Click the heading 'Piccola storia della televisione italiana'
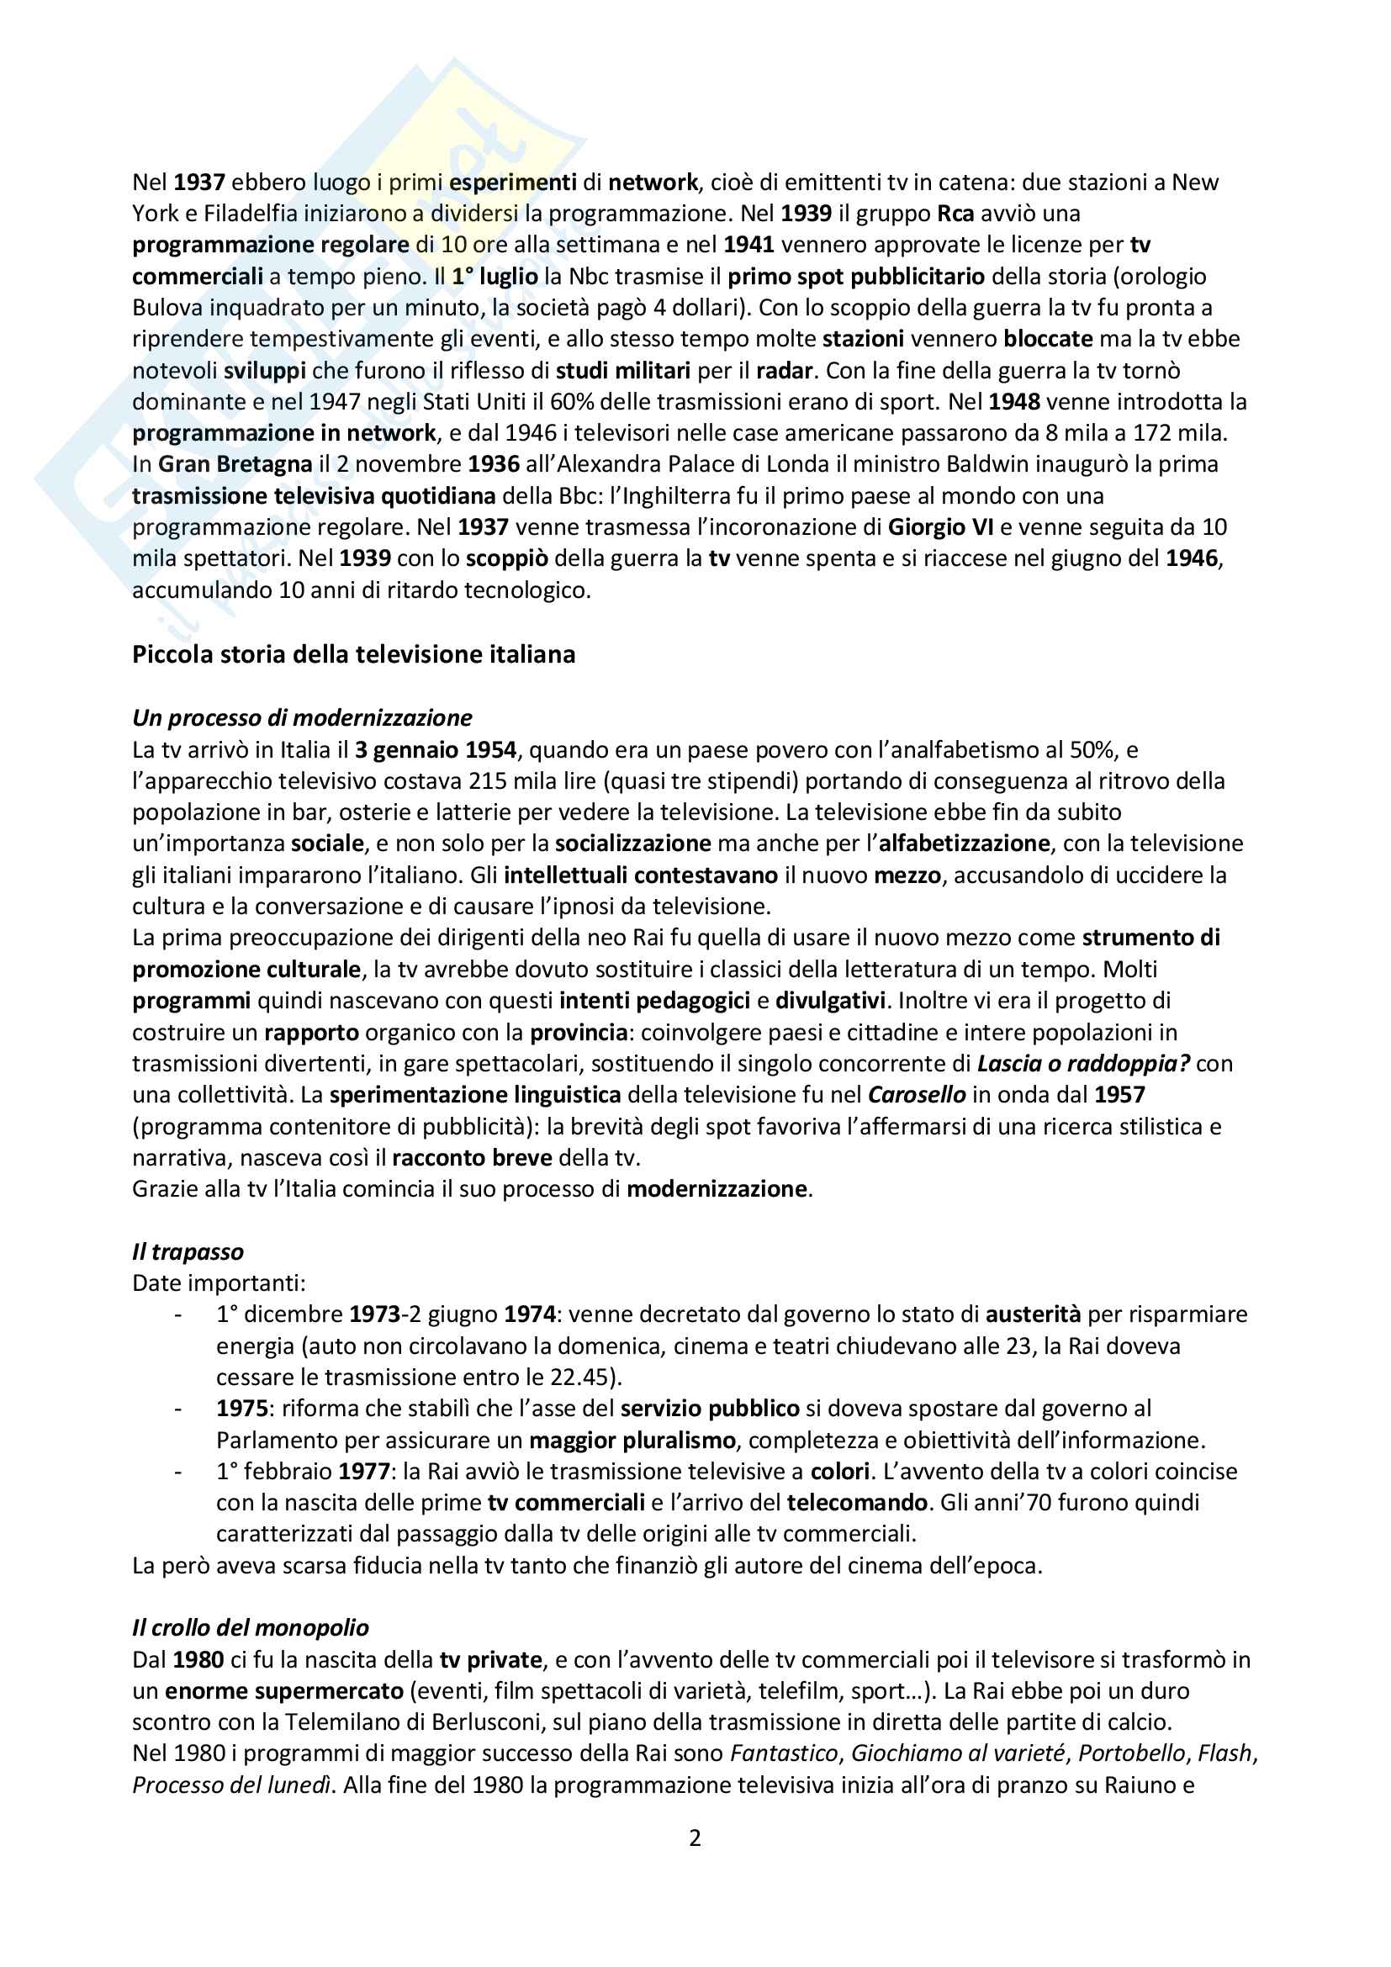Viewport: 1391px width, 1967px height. (353, 654)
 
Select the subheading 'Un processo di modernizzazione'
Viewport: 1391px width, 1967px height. (302, 718)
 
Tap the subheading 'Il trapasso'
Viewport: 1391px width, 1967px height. (188, 1251)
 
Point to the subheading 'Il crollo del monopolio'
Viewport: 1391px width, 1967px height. (250, 1628)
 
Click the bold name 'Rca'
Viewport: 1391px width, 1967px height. (955, 214)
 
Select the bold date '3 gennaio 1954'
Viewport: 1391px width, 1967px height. (435, 749)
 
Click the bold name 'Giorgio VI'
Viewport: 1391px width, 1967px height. (939, 527)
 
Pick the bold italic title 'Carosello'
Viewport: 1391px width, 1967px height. (917, 1095)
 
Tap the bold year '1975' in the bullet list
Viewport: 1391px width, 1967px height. (241, 1409)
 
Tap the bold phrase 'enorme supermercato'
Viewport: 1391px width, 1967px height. (283, 1691)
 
